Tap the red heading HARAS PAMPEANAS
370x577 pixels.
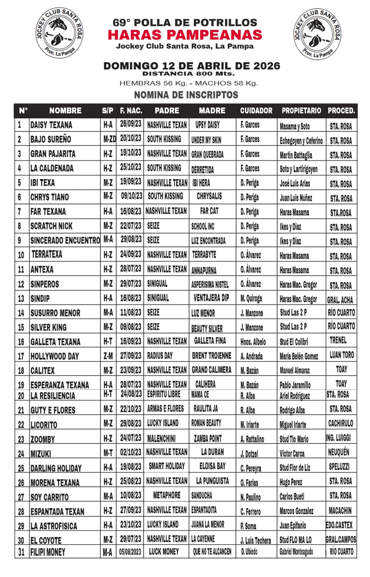point(185,35)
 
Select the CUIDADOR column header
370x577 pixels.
point(256,111)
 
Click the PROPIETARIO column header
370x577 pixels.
point(301,111)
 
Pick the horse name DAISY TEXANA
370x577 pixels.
point(51,125)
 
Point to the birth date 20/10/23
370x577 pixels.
point(131,139)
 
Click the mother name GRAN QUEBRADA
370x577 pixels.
point(207,154)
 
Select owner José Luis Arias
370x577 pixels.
point(295,183)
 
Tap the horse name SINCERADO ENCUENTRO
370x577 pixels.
point(65,241)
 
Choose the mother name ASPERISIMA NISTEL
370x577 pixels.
point(210,285)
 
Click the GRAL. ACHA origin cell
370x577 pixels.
point(340,299)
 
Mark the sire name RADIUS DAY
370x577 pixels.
point(160,356)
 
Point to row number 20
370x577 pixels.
point(21,396)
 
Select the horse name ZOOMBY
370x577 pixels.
point(43,439)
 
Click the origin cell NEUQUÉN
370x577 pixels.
point(339,452)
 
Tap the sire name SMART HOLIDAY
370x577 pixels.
point(167,466)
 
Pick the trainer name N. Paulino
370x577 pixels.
point(250,497)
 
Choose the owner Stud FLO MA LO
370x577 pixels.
point(295,540)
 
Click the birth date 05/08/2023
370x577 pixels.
point(131,551)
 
